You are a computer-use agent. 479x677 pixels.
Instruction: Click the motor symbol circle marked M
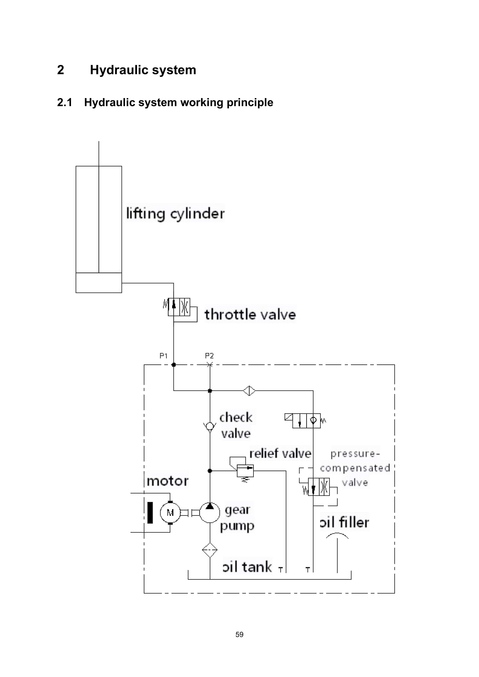coord(170,513)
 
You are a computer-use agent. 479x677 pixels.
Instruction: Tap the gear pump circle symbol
coord(210,513)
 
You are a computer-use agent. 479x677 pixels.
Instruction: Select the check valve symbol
coord(210,426)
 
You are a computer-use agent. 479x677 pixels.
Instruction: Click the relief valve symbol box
coord(245,471)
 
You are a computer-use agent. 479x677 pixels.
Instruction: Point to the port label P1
coord(163,356)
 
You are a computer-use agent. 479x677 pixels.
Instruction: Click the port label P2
coord(209,356)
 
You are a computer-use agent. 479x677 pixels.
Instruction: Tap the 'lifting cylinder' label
coord(175,213)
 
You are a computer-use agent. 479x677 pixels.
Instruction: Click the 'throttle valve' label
coord(250,314)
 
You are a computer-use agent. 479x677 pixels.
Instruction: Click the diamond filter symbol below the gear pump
coord(210,550)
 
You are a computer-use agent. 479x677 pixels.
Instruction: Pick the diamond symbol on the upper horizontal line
coord(249,391)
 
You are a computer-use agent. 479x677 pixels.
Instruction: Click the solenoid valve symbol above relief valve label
coord(306,421)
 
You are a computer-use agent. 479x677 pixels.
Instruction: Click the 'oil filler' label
coord(344,522)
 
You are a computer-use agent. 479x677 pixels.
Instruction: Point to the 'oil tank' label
coord(247,567)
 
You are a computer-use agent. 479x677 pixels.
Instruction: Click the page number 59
coord(239,635)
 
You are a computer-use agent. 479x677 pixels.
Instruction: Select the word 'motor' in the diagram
coord(167,481)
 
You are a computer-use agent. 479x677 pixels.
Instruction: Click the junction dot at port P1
coord(174,365)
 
